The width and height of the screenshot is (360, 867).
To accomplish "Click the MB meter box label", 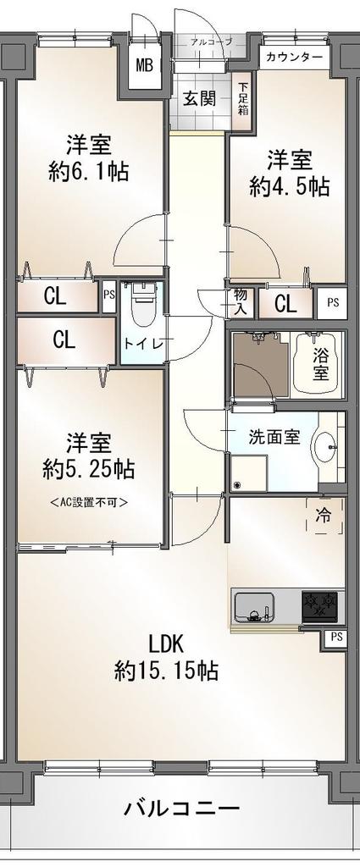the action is [145, 65].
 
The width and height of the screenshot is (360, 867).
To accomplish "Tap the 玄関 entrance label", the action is [200, 100].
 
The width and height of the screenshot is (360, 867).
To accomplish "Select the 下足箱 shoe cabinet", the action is [243, 100].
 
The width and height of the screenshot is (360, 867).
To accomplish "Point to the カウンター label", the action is [287, 57].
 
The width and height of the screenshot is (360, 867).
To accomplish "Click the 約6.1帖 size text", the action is [89, 171].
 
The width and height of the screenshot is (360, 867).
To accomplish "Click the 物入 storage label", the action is [240, 302].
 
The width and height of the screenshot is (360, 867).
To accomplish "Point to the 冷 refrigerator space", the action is [324, 516].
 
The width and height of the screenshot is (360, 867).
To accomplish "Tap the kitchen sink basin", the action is [254, 606].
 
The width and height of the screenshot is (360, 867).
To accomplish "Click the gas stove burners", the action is [319, 606].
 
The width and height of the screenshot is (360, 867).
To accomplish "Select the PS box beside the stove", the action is [336, 638].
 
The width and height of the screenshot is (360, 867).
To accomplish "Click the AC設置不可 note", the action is [89, 502].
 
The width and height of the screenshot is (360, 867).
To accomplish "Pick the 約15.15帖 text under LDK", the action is [166, 671].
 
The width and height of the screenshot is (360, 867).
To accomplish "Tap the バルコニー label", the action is [182, 809].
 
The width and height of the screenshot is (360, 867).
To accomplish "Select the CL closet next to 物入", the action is [286, 303].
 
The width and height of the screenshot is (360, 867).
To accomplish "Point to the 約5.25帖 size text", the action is [89, 469].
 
